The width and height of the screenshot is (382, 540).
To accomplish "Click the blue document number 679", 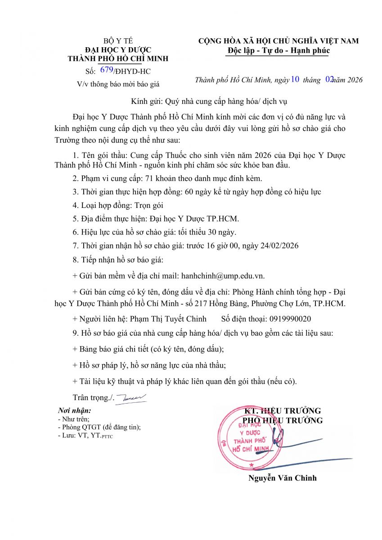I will point(107,70).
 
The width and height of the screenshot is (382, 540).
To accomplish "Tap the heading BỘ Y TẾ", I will point(118,41).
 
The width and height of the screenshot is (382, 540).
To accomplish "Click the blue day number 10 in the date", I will point(295,80).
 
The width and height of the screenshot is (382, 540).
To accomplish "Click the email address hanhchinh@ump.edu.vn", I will point(226,276).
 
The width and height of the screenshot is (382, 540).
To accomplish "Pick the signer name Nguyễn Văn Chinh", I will point(283,478).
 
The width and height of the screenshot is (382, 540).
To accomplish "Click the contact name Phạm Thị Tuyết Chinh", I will point(168,319).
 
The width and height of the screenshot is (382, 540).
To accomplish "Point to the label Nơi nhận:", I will point(75,411).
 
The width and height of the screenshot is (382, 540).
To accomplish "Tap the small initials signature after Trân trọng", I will point(131,398).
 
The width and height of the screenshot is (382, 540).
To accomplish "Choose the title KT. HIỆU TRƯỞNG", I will point(283,411).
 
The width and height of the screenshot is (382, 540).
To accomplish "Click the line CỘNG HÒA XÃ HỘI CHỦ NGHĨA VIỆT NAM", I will point(279,41).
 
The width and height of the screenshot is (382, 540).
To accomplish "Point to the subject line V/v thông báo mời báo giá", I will point(118,84).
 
